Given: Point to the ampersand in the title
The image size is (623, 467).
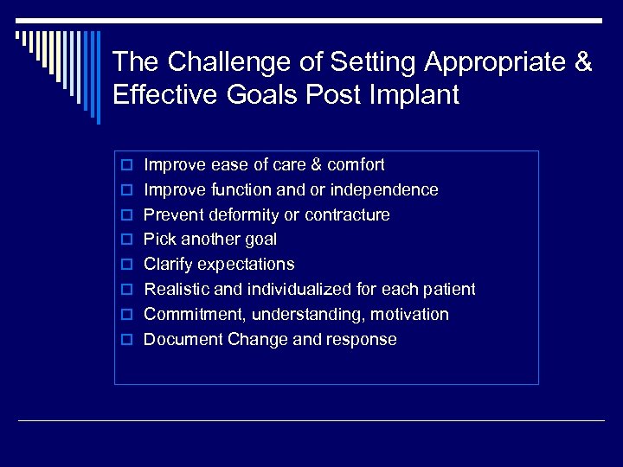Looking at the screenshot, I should [x=583, y=62].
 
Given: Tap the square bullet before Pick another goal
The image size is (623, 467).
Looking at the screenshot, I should [x=125, y=240].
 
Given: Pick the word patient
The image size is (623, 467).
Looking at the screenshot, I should [x=449, y=290].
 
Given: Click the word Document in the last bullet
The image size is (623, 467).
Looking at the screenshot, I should [x=183, y=340].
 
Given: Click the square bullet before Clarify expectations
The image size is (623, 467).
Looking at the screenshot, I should [x=125, y=265].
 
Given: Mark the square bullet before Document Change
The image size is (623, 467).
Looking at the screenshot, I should [x=125, y=340].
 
